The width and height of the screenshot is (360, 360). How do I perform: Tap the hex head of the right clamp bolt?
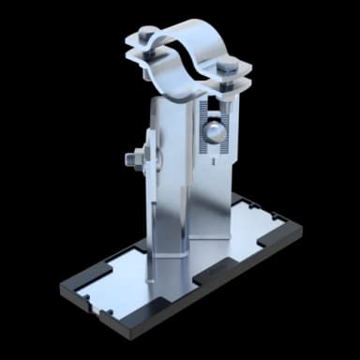(231, 66)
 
